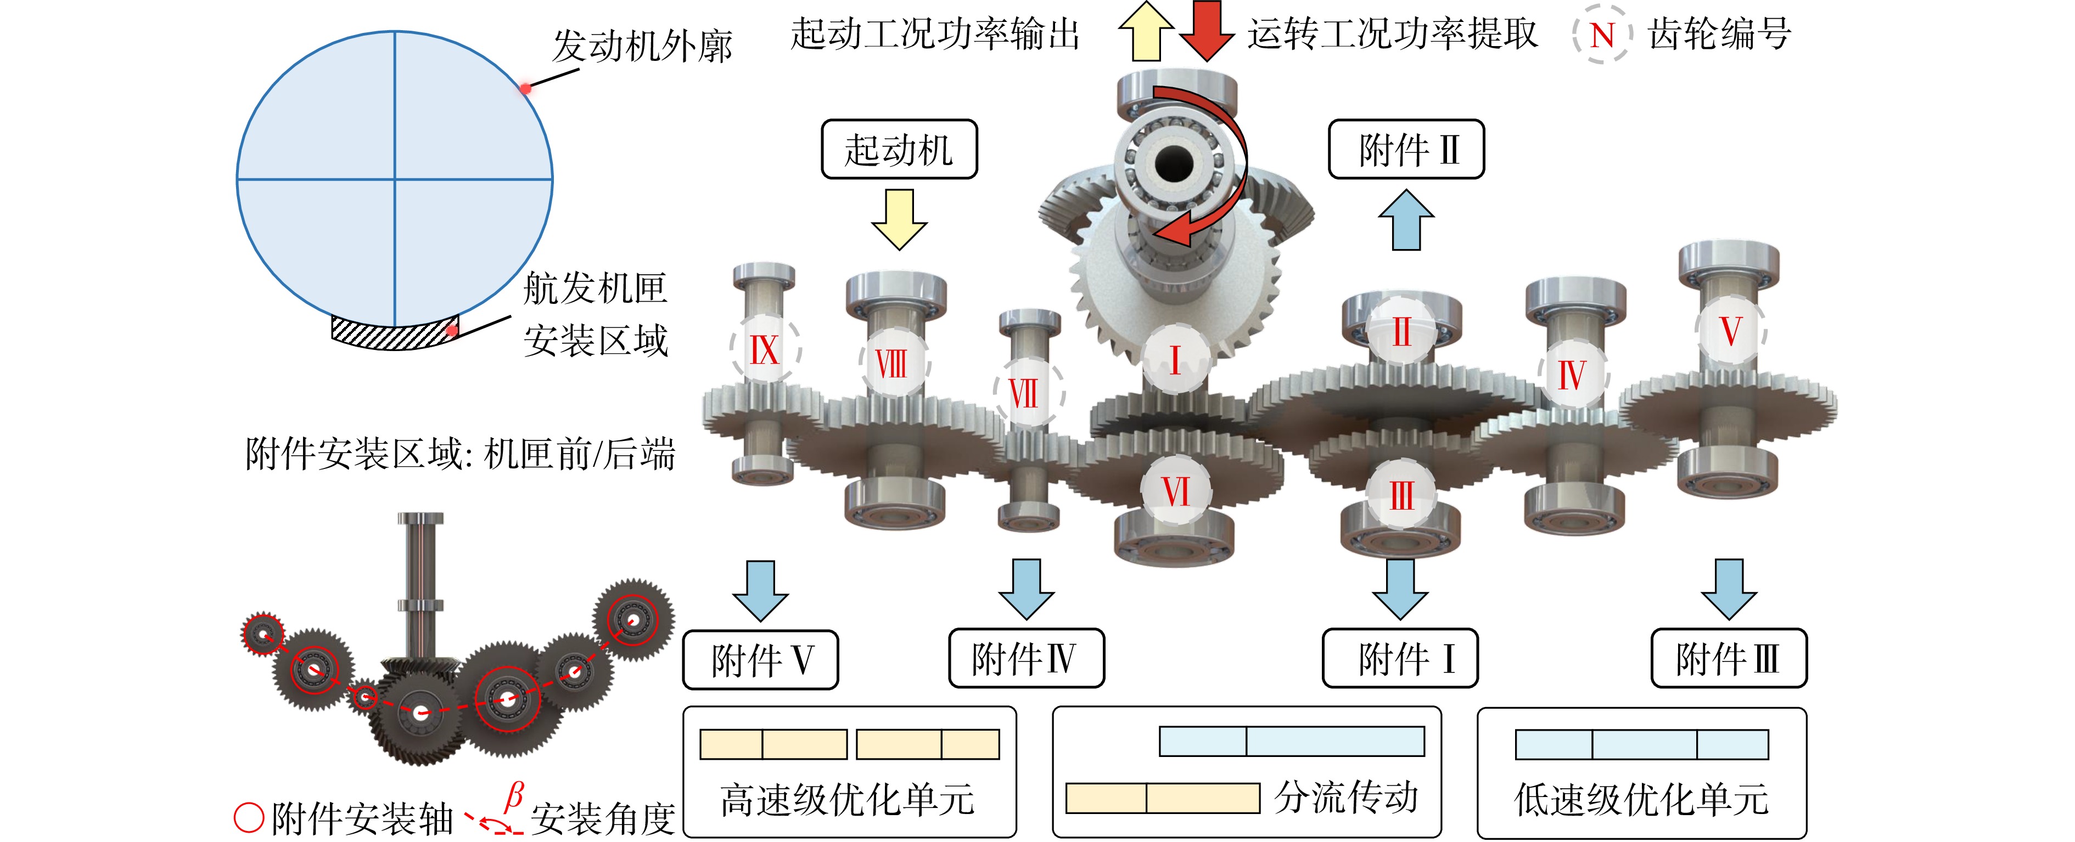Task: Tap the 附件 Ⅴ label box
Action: (x=761, y=660)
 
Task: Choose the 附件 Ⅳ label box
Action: (x=1026, y=658)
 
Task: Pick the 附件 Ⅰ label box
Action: (x=1401, y=658)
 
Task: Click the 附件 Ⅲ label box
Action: (x=1729, y=658)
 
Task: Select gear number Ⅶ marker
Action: (x=1026, y=394)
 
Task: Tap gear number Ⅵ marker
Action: (x=1176, y=490)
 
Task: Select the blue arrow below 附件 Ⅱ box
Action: (x=1406, y=220)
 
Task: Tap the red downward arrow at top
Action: (x=1207, y=31)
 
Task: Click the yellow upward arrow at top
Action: (x=1146, y=31)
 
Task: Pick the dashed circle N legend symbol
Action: (x=1602, y=35)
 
